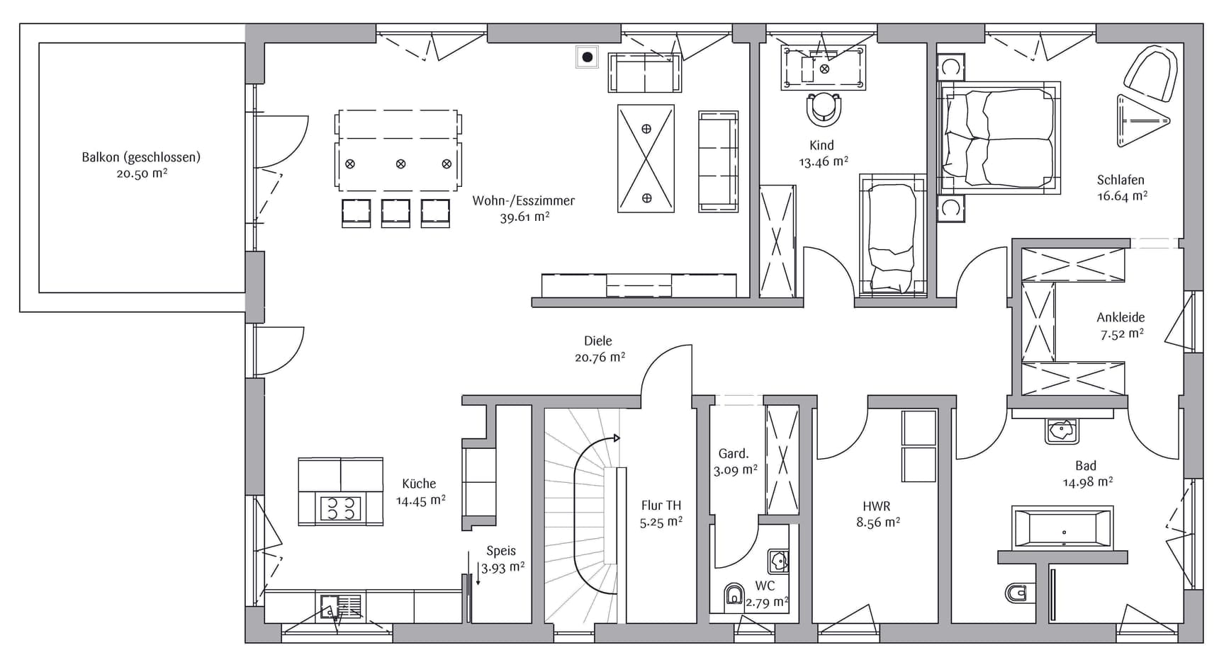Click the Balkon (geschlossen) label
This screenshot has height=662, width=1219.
click(141, 157)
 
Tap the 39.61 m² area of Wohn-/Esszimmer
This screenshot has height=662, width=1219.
click(524, 217)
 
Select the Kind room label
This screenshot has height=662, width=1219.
click(821, 145)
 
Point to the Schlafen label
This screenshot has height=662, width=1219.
click(1120, 180)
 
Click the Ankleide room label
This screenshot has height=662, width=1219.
click(1120, 317)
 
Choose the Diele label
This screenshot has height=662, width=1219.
click(598, 341)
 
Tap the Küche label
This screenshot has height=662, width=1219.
click(419, 484)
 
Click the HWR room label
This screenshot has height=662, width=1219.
click(877, 506)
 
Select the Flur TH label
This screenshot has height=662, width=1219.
click(661, 505)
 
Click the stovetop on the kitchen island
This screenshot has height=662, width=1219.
click(340, 508)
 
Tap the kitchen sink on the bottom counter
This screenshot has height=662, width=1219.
click(341, 607)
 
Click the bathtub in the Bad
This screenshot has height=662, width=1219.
click(1062, 527)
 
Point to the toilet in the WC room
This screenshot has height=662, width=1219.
click(734, 597)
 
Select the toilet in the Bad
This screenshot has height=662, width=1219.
click(1017, 591)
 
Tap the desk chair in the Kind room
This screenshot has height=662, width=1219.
click(824, 108)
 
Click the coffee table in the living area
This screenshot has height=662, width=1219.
click(646, 159)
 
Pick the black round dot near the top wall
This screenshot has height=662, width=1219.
click(587, 57)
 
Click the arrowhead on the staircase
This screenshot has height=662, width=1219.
click(617, 438)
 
